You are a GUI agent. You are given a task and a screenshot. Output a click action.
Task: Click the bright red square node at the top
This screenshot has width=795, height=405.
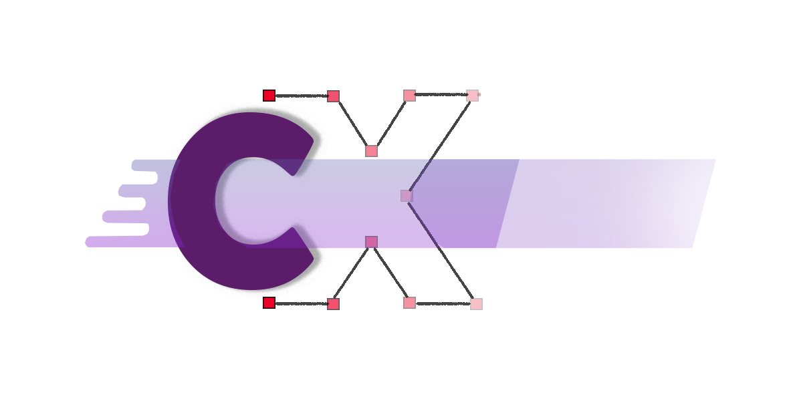pyautogui.click(x=269, y=96)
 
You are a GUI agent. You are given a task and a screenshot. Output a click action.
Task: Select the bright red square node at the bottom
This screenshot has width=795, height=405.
pyautogui.click(x=269, y=303)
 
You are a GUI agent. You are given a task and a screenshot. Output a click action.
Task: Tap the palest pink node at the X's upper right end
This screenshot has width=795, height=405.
pyautogui.click(x=472, y=96)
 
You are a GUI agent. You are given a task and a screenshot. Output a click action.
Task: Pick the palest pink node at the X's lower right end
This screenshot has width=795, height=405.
pyautogui.click(x=476, y=303)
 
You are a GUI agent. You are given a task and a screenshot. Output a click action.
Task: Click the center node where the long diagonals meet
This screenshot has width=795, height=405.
pyautogui.click(x=407, y=196)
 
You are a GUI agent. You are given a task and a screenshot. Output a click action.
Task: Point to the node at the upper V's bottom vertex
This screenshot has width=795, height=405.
pyautogui.click(x=372, y=150)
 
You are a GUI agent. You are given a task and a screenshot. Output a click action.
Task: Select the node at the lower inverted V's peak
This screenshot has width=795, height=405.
pyautogui.click(x=372, y=242)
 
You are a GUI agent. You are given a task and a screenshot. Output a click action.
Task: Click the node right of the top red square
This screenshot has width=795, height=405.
pyautogui.click(x=333, y=96)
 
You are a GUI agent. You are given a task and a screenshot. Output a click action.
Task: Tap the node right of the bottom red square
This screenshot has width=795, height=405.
pyautogui.click(x=333, y=304)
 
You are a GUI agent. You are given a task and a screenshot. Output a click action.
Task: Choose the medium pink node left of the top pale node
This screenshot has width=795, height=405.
pyautogui.click(x=410, y=96)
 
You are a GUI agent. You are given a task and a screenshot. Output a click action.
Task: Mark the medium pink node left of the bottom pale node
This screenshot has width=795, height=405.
pyautogui.click(x=410, y=303)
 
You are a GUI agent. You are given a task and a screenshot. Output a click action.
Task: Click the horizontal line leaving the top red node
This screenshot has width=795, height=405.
pyautogui.click(x=301, y=96)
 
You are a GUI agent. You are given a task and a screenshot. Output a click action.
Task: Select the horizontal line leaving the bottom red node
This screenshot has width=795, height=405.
pyautogui.click(x=301, y=303)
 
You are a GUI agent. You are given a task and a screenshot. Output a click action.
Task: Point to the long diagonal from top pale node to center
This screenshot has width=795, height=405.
pyautogui.click(x=439, y=146)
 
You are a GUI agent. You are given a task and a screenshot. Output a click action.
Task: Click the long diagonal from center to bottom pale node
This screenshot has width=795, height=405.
pyautogui.click(x=441, y=250)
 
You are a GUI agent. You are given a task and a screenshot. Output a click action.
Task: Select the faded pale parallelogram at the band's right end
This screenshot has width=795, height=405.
pyautogui.click(x=606, y=203)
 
